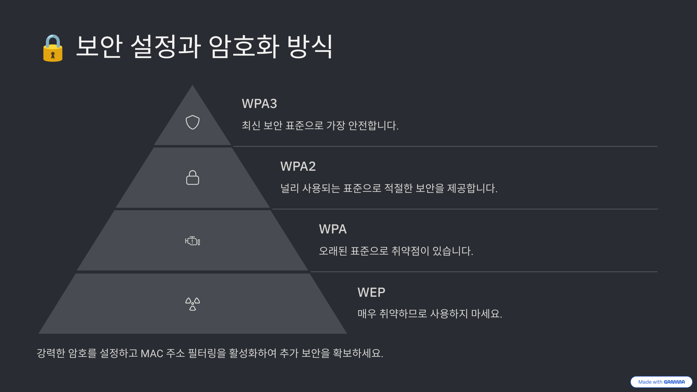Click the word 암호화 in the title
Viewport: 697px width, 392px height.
click(x=244, y=46)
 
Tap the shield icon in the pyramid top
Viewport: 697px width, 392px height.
click(x=193, y=122)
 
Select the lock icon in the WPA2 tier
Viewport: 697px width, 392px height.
click(x=193, y=177)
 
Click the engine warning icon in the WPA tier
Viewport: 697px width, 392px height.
click(x=193, y=241)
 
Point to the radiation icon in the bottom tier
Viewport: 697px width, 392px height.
click(x=193, y=304)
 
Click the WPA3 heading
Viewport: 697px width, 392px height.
click(x=259, y=104)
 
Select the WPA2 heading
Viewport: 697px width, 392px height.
click(x=298, y=166)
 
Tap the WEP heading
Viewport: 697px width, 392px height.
click(x=371, y=292)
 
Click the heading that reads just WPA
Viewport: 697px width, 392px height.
click(x=333, y=229)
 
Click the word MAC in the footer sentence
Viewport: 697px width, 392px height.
click(x=152, y=353)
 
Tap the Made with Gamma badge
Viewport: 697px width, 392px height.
click(x=661, y=382)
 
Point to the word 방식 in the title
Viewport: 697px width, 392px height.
click(x=310, y=46)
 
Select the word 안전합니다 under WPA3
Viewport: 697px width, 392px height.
click(x=373, y=125)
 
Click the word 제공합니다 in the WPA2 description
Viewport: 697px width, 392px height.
click(x=472, y=188)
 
